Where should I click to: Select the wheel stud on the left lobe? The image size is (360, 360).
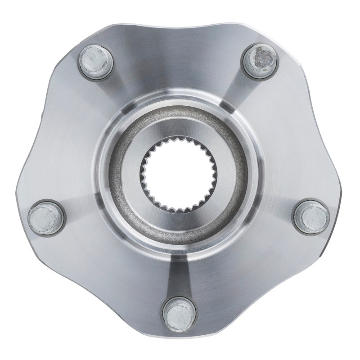[x=45, y=218]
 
